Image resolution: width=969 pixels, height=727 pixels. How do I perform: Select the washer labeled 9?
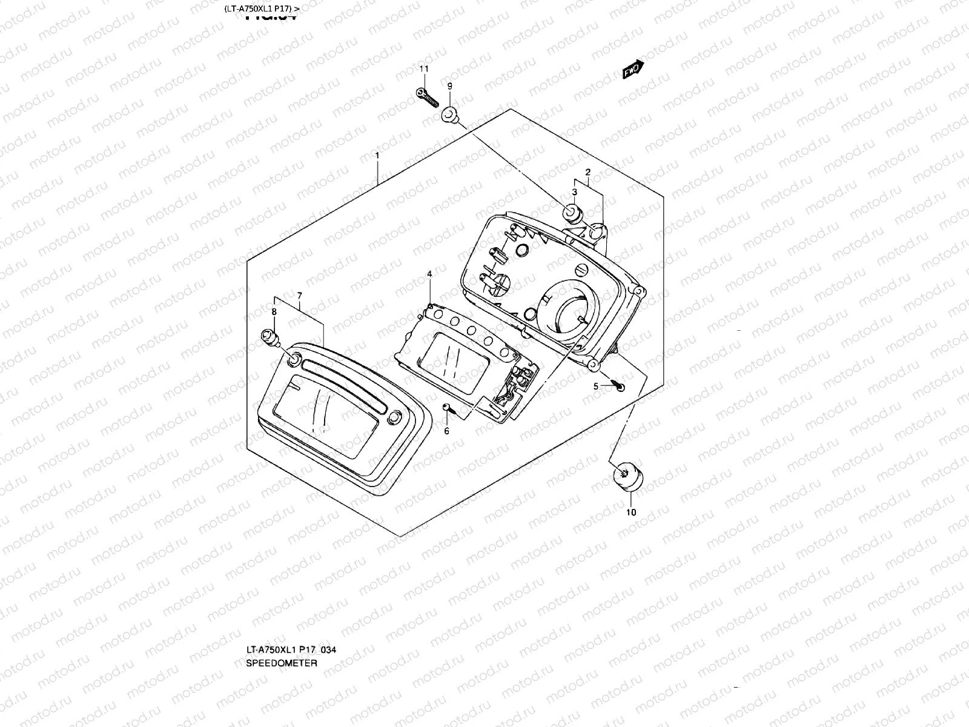[449, 113]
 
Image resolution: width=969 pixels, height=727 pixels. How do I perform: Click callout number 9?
[449, 86]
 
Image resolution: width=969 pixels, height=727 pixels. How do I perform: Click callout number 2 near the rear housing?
[587, 173]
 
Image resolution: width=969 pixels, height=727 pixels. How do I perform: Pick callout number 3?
[574, 192]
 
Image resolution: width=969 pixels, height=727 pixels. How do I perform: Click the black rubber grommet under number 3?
[571, 213]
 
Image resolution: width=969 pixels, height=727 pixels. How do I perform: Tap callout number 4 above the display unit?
[429, 274]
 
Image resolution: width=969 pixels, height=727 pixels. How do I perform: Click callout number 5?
[596, 386]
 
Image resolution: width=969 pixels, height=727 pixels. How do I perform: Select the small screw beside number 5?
[618, 385]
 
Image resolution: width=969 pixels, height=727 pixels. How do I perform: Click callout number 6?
[447, 431]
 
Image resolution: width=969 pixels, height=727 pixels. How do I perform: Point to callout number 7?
[299, 295]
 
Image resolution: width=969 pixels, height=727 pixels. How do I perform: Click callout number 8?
[274, 311]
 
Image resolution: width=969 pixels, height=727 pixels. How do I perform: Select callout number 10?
[631, 512]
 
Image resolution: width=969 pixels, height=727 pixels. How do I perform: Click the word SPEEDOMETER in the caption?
[282, 663]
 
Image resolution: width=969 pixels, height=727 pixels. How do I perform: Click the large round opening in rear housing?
[570, 314]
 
